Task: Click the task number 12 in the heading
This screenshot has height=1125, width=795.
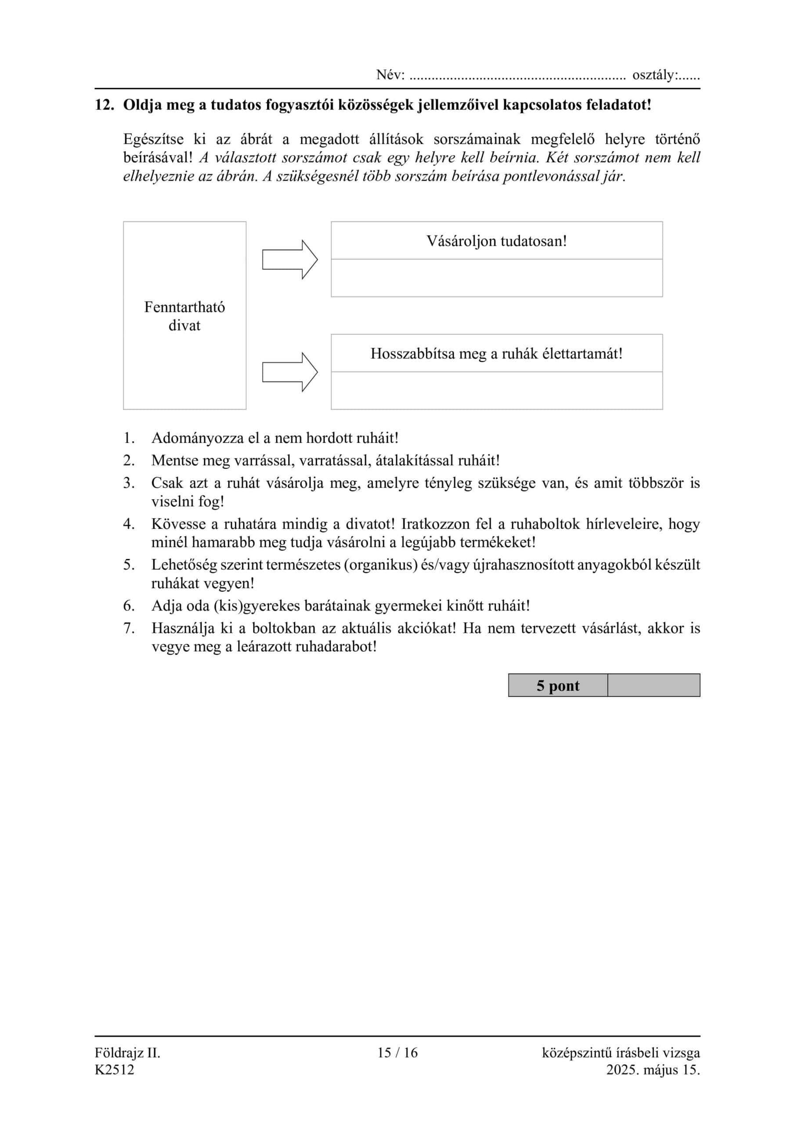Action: point(103,105)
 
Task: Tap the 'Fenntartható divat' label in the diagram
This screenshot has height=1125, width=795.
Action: point(184,316)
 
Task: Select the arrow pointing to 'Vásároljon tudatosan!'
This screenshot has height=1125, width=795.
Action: point(289,260)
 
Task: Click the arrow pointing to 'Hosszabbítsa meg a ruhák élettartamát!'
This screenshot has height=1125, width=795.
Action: point(289,372)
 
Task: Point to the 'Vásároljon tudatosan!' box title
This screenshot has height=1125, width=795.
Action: point(496,241)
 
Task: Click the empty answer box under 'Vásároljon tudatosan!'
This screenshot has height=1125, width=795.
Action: point(496,278)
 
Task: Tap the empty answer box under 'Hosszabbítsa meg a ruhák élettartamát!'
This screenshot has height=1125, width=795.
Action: point(496,391)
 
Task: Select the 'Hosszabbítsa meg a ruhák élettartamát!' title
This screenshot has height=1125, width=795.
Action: point(496,354)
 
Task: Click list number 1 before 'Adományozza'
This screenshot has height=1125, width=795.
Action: point(129,438)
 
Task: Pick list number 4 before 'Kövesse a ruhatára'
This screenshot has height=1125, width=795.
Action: point(129,524)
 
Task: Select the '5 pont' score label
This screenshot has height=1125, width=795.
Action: point(557,686)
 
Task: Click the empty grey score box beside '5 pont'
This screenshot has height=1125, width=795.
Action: point(654,686)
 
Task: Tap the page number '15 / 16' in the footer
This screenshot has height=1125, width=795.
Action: point(397,1052)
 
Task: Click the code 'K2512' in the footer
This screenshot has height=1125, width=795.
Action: point(114,1069)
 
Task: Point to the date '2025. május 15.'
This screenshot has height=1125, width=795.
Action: point(653,1069)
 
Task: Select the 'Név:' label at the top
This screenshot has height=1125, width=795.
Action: point(390,75)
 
